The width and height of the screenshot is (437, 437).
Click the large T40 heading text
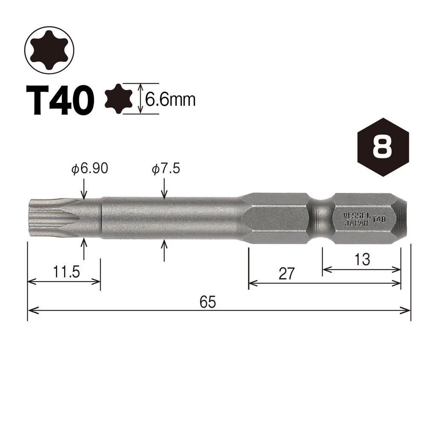pos(59,100)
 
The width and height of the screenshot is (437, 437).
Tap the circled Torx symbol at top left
pos(49,49)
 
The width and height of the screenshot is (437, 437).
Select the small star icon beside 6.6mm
pos(119,99)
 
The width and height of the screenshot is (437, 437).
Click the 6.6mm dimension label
pos(170,100)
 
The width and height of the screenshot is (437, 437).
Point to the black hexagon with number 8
pos(383,147)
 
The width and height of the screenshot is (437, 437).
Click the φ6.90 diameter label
pos(90,169)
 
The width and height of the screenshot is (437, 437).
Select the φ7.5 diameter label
pos(166,169)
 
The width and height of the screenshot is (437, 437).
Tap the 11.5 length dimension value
pos(67,272)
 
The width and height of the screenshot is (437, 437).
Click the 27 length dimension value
pos(287,274)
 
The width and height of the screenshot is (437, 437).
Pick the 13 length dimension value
pos(362,259)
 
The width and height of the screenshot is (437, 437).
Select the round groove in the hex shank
pos(320,218)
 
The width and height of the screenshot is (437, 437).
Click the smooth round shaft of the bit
pos(171,218)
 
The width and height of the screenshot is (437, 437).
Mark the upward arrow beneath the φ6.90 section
pos(84,248)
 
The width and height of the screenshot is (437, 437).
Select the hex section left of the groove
pos(277,218)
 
